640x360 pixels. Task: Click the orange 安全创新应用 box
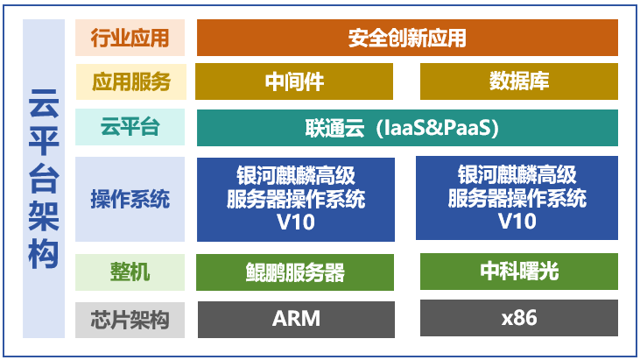click(x=407, y=38)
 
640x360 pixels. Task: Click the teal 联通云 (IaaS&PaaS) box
click(x=407, y=128)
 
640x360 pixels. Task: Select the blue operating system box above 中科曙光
click(x=517, y=199)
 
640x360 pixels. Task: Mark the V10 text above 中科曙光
click(x=517, y=222)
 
